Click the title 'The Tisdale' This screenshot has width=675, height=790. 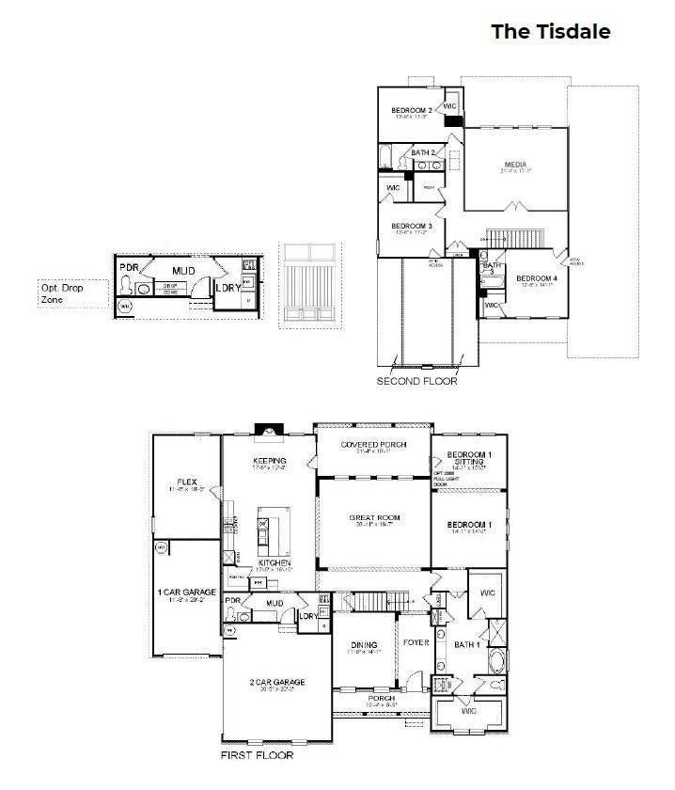551,32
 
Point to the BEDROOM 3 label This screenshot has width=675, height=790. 411,227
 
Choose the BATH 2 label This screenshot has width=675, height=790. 422,152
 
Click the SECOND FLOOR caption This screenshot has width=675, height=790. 416,383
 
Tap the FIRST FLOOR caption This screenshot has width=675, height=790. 257,755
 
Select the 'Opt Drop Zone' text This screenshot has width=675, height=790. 62,293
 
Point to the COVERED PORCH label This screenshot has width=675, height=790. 373,445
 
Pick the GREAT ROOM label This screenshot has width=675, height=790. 374,518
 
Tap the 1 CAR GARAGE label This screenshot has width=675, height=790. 186,592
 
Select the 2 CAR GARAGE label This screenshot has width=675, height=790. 277,682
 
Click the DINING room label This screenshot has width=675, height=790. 363,644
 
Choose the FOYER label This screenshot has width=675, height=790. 415,643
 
